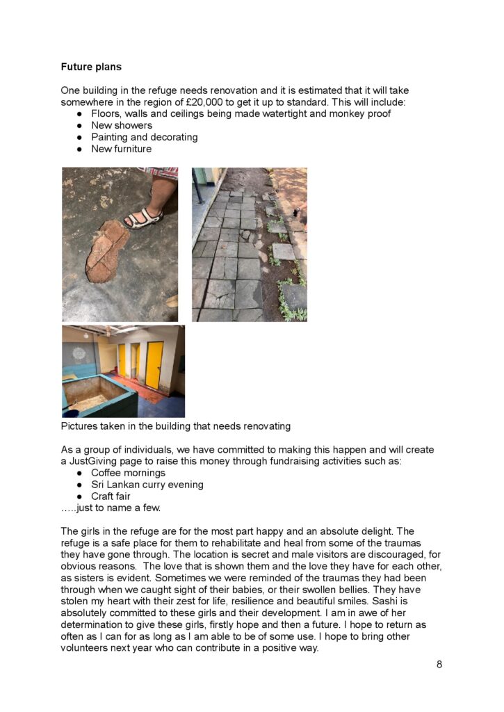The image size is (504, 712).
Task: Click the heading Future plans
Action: point(91,67)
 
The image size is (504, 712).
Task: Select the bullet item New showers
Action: point(122,125)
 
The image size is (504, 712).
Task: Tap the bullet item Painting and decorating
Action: point(145,137)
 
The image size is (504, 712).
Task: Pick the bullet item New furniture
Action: point(121,149)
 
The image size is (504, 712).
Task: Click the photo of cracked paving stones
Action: point(249,244)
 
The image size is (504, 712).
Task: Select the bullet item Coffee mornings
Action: point(129,473)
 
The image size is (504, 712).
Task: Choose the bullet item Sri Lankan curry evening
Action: point(147,485)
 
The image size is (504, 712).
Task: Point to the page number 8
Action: point(439,664)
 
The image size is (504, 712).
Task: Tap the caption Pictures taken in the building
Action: point(176,426)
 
